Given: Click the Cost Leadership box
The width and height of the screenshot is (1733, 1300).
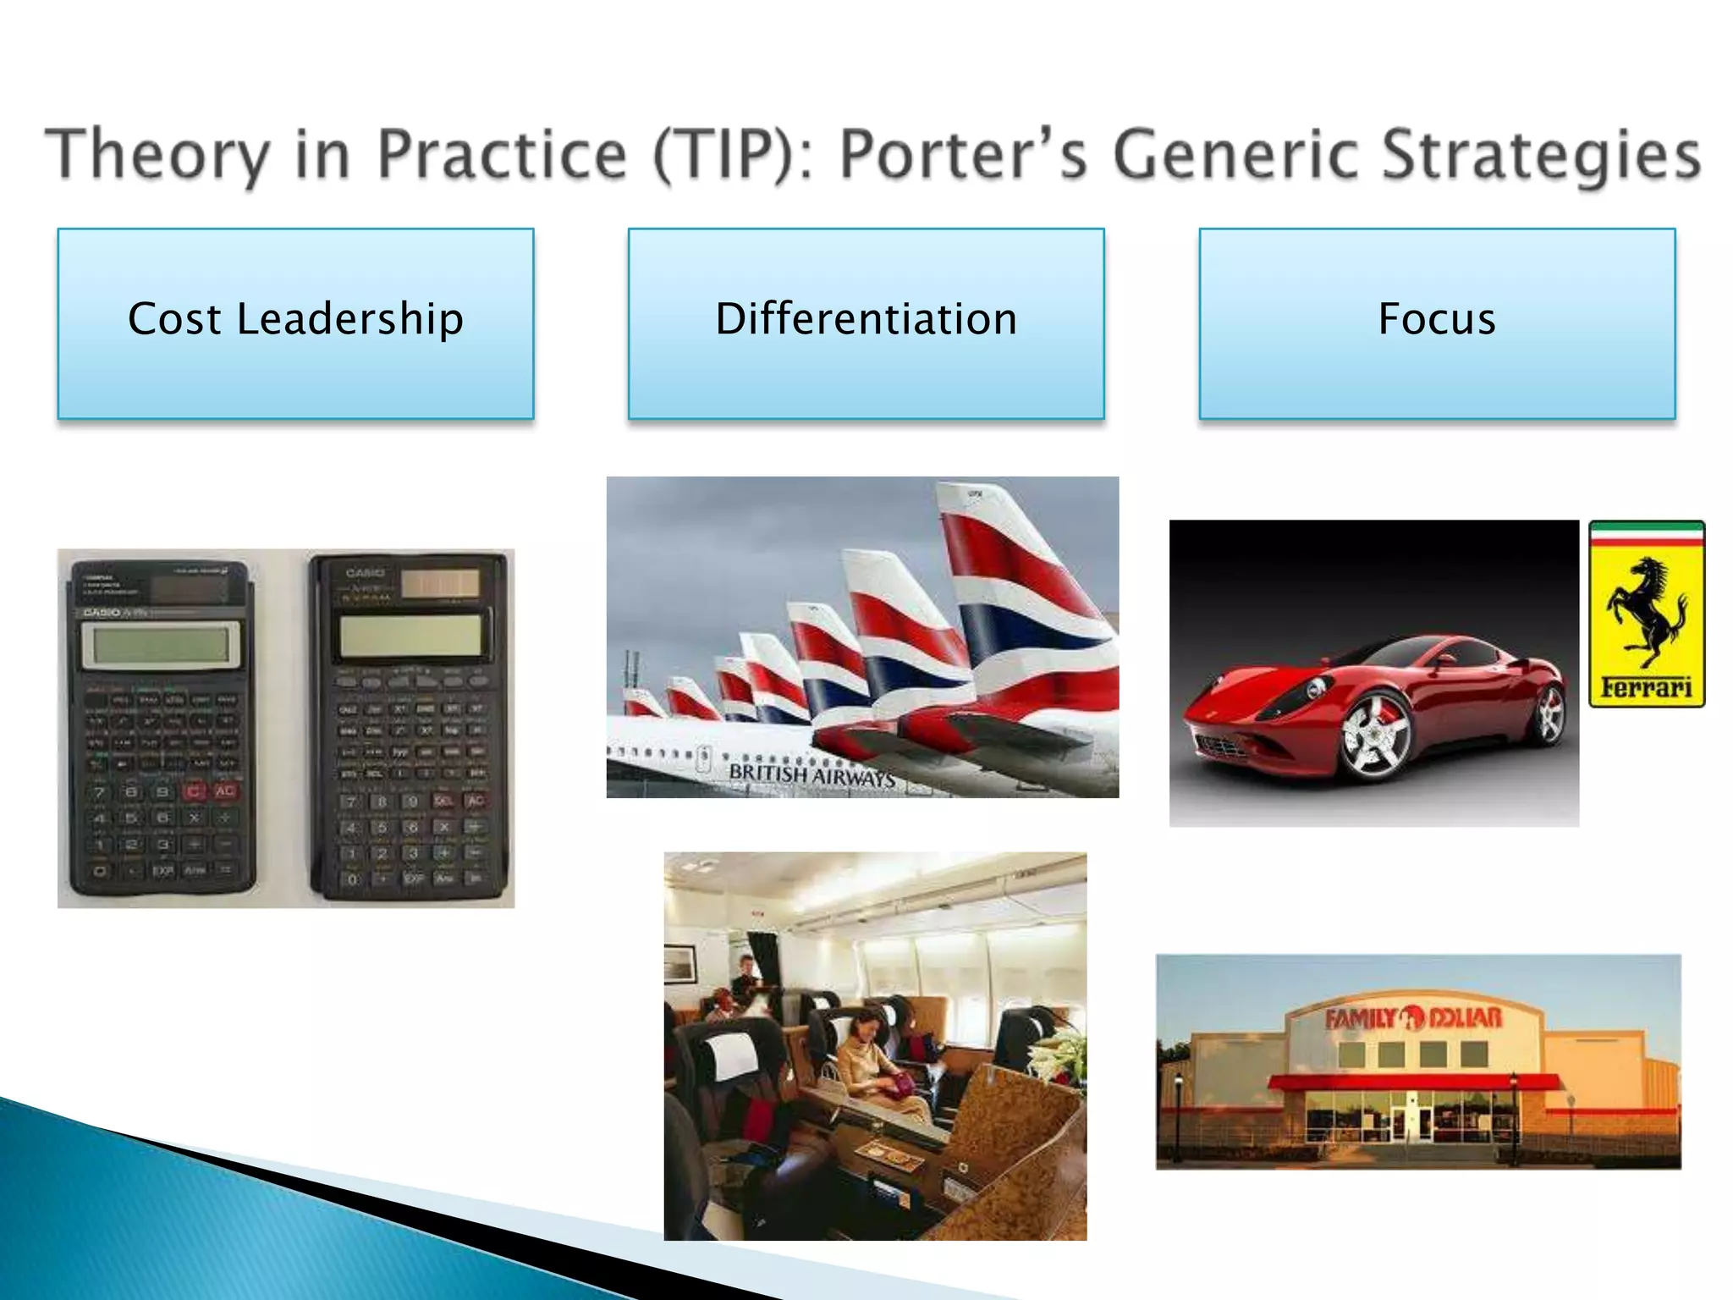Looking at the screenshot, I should pos(295,322).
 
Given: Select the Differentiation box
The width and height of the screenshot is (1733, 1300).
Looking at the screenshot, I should pos(866,322).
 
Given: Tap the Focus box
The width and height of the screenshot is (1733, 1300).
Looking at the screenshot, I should pos(1436,322).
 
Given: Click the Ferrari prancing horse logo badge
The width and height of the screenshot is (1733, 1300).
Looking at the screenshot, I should pos(1646,613).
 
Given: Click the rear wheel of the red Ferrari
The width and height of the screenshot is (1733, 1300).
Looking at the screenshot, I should pos(1550,715).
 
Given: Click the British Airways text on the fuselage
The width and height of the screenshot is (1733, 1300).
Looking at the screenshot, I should pos(811,774).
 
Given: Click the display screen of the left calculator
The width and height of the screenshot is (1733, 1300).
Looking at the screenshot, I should pos(159,646).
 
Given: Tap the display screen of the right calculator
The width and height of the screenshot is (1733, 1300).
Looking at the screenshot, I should pos(410,635).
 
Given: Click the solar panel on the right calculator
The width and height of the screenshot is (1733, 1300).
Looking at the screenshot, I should pos(439,583).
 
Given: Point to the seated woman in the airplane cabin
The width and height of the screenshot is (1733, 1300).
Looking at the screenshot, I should pos(872,1058).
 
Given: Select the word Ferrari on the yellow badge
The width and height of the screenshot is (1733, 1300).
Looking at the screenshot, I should pos(1646,687).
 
